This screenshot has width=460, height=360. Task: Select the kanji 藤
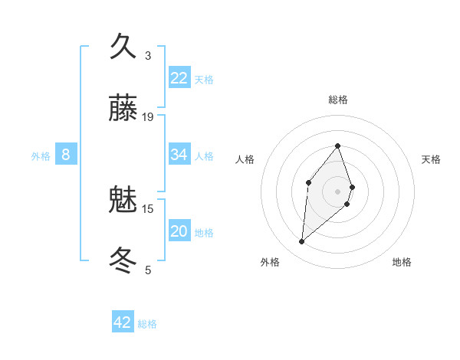[123, 110]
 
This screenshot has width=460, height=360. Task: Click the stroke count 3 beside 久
[148, 55]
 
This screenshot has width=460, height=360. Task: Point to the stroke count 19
[148, 117]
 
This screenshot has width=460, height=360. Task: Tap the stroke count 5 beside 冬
[148, 270]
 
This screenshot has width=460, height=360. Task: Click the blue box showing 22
[179, 77]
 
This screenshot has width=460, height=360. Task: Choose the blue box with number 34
[179, 155]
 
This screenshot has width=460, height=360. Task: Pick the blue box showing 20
[179, 231]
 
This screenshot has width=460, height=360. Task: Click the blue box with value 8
[66, 155]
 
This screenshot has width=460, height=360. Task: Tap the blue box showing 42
[123, 322]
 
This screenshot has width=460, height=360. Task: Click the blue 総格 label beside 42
[148, 324]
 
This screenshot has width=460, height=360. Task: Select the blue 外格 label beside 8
[41, 156]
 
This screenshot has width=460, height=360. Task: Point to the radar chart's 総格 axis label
[338, 100]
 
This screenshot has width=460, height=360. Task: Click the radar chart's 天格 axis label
[432, 159]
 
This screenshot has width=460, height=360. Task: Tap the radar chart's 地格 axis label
[402, 262]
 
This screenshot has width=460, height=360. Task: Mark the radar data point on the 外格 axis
[302, 242]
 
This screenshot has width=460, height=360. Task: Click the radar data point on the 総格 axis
[338, 146]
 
